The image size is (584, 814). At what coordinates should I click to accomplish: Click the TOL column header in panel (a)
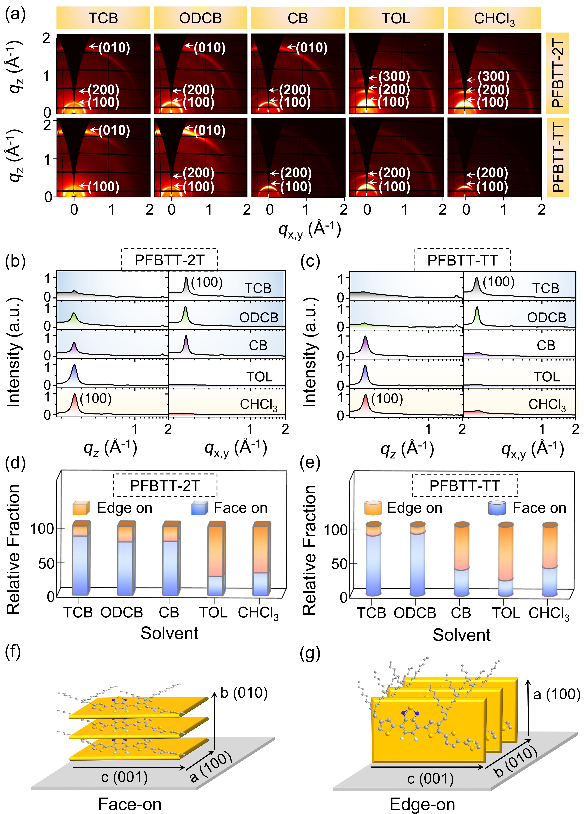(396, 18)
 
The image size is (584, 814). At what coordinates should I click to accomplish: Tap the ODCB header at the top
(200, 18)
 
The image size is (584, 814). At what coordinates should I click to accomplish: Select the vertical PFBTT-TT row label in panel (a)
(558, 158)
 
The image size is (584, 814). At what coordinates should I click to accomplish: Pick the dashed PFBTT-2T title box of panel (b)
(169, 260)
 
